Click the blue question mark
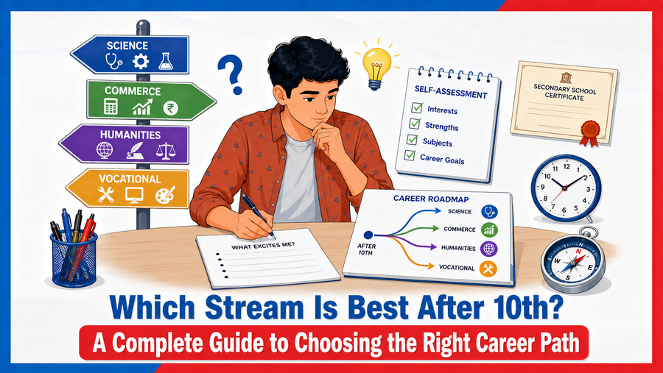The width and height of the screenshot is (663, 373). [x=231, y=75]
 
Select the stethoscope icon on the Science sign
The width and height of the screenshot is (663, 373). [x=113, y=62]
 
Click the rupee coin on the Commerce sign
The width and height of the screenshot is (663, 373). [x=170, y=108]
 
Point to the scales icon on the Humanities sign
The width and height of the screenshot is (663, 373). [x=164, y=151]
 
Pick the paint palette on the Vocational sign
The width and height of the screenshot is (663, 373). [x=165, y=195]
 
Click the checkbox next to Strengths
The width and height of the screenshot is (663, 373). [x=414, y=124]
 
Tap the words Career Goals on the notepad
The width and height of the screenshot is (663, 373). [x=442, y=159]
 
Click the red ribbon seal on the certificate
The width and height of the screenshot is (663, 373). [x=589, y=132]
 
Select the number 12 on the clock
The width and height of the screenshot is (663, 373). [x=566, y=166]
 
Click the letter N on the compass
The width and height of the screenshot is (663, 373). [x=578, y=252]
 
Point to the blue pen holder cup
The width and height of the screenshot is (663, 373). [x=74, y=259]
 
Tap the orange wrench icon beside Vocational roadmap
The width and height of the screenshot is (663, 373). [x=488, y=269]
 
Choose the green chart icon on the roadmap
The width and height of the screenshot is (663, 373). [x=489, y=230]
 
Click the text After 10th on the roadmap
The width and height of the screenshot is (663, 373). [x=365, y=249]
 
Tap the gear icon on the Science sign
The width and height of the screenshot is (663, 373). [x=141, y=62]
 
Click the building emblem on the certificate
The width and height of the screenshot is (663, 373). [x=565, y=77]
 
